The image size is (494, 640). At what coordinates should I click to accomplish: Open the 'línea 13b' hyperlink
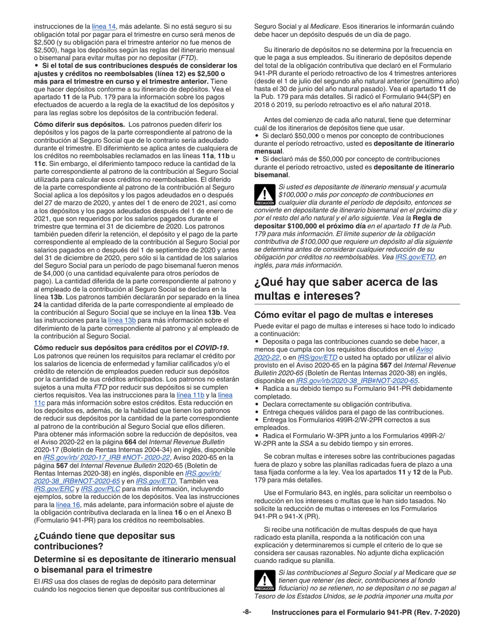tap(122, 320)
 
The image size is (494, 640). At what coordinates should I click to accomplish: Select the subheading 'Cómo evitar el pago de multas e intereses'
tap(343, 315)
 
